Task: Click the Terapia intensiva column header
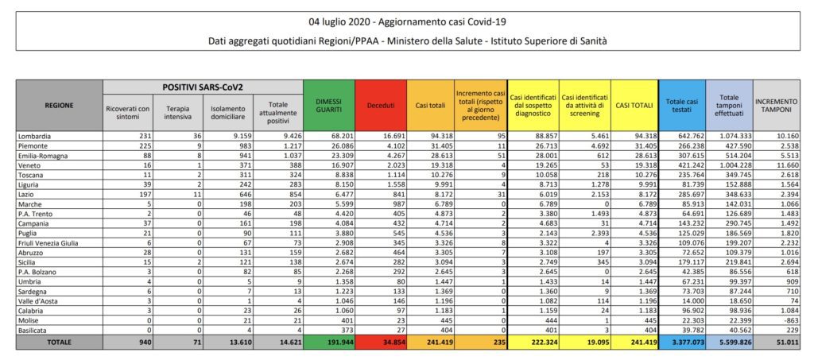point(178,112)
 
